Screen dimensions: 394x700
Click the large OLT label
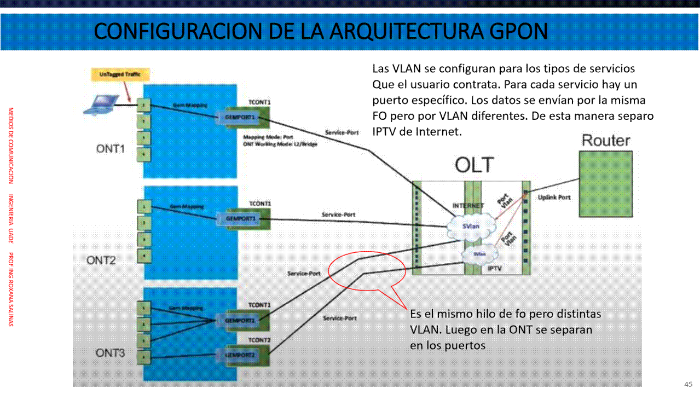(474, 165)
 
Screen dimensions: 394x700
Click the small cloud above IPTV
(479, 254)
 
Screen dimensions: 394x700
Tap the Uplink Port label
(554, 197)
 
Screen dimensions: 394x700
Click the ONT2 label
(101, 260)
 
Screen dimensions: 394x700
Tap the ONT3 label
(111, 353)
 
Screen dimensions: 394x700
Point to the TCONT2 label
(260, 340)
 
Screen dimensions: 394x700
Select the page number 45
(688, 384)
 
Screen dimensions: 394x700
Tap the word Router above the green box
(606, 140)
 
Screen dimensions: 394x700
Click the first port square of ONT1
(143, 104)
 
